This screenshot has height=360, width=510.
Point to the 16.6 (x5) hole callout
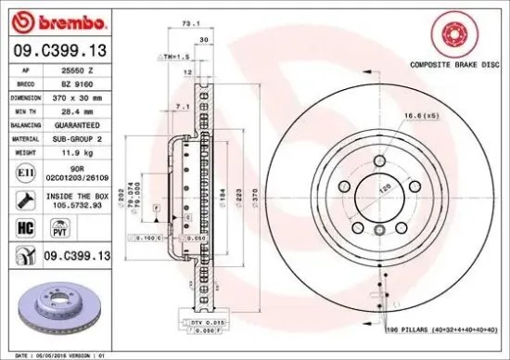pyautogui.click(x=420, y=116)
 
